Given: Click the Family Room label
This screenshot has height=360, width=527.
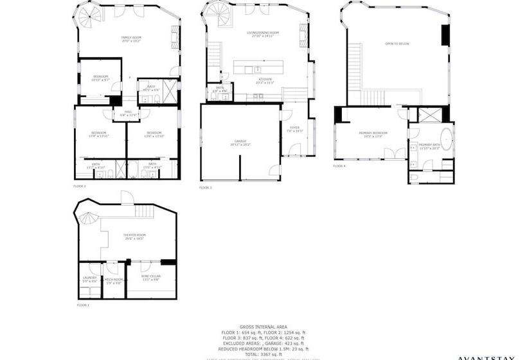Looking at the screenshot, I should pos(131,39).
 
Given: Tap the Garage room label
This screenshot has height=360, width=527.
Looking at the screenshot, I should pos(240,142).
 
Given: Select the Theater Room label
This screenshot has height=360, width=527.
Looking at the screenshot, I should pos(134,236).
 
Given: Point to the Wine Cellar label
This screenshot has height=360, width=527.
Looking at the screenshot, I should pos(151,277).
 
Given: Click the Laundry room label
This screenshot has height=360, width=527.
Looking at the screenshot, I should pos(89,279).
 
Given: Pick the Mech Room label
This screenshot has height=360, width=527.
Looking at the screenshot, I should pos(114,280).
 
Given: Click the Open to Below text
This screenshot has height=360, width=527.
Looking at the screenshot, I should pos(397,44).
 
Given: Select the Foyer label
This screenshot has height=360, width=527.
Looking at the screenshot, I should pos(294,129).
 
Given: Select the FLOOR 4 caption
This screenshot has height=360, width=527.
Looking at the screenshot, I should pos(339,166).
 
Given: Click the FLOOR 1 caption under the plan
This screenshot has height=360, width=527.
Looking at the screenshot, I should pos(83,305).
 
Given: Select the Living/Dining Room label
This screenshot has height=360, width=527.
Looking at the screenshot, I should pos(262,33).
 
